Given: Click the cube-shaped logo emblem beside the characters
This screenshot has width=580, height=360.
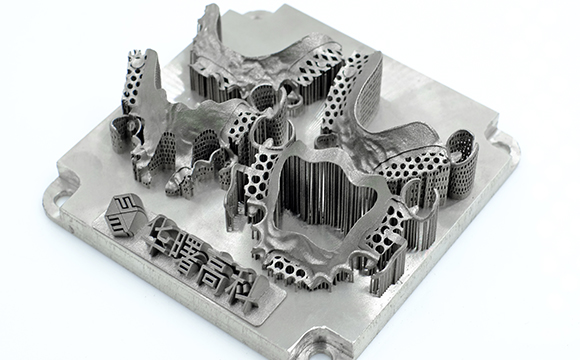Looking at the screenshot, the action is pyautogui.click(x=123, y=215).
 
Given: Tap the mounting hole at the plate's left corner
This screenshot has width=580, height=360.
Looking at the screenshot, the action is pyautogui.click(x=59, y=199).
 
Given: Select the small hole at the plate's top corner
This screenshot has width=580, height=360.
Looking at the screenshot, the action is pyautogui.click(x=256, y=17).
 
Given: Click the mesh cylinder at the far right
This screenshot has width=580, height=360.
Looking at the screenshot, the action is pyautogui.click(x=462, y=164).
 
